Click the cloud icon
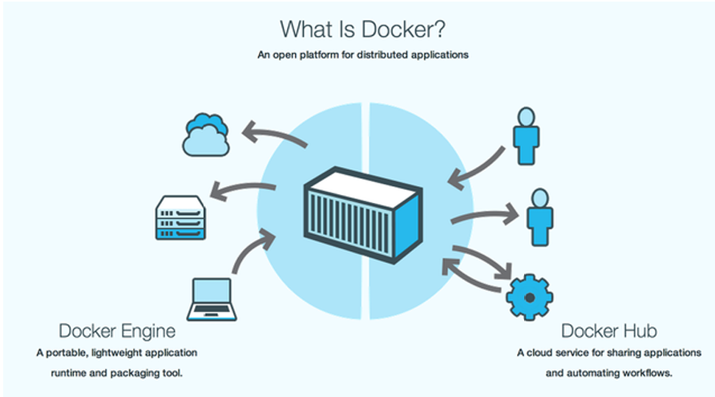point(206,135)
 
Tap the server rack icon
point(180,217)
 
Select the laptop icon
point(212,299)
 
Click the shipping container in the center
point(363,215)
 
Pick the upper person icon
point(526,136)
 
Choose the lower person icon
point(540,217)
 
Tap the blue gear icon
point(529,298)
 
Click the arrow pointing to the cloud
point(273,133)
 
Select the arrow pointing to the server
point(242,188)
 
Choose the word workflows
point(648,373)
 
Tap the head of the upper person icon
point(526,117)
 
